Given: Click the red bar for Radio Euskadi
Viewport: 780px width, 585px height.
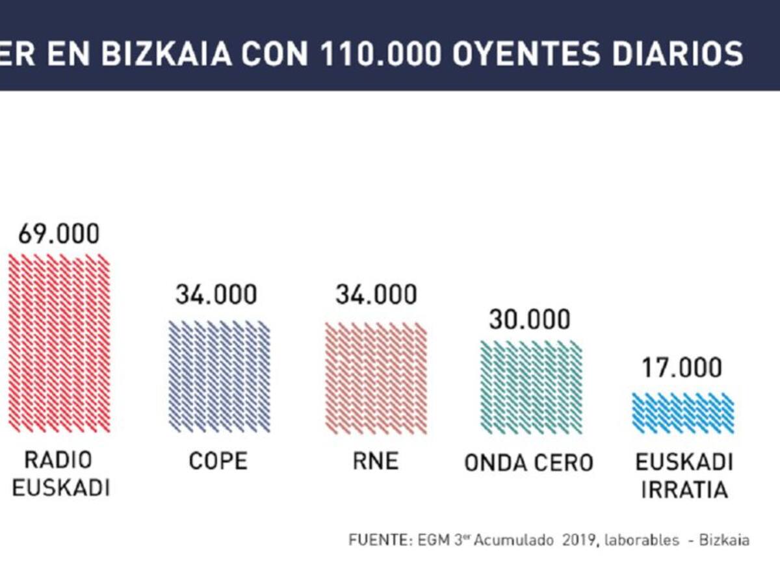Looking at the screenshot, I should click(59, 343).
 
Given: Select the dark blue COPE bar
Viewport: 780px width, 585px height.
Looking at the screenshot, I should click(219, 376).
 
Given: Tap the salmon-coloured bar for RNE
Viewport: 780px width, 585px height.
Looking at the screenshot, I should click(376, 378).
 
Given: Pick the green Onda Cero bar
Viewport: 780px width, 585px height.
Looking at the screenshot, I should click(531, 387).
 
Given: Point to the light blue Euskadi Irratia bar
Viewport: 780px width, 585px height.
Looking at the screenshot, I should click(682, 413).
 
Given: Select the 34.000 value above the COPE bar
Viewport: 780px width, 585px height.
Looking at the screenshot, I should click(216, 294).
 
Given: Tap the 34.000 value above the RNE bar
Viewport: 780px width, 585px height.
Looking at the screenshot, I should click(376, 294).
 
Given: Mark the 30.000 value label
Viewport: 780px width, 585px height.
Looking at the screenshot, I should click(530, 319).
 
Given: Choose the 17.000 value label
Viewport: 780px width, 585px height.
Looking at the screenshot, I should click(682, 368).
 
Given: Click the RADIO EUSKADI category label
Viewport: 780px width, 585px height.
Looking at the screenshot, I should click(60, 474).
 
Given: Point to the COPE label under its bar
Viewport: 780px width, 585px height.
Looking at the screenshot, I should click(218, 461).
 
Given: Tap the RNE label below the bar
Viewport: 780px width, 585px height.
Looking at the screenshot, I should click(376, 461).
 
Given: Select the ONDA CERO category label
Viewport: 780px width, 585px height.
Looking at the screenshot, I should click(528, 463).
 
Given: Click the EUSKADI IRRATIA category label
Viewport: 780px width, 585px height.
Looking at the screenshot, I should click(684, 476).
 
